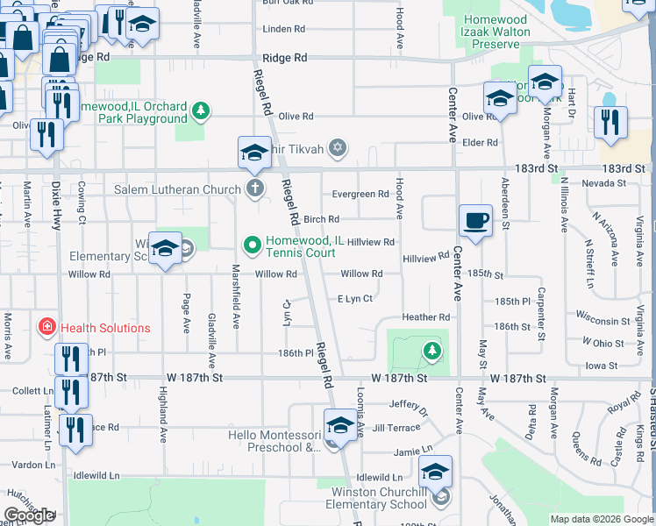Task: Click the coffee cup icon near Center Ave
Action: point(475,220)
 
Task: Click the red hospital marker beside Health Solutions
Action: point(46,328)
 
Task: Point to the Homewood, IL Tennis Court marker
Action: point(253,244)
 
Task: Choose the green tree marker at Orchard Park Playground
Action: point(203,110)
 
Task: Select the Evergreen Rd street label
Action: point(360,195)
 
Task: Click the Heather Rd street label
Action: point(425,317)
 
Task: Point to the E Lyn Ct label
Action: point(355,299)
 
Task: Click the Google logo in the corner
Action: point(30,516)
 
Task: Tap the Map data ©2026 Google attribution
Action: point(601,519)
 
